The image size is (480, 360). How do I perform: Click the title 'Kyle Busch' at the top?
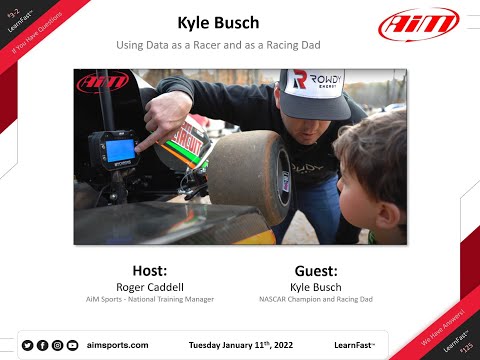click(x=218, y=22)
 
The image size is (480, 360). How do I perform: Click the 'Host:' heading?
click(x=156, y=270)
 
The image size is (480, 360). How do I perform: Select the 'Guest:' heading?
click(x=316, y=270)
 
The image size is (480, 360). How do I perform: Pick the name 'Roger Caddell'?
click(x=156, y=285)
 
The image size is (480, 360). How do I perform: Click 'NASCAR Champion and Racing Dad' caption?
click(x=316, y=297)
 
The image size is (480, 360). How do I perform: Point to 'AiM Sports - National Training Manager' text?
click(x=156, y=297)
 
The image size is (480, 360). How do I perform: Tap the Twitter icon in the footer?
click(x=27, y=345)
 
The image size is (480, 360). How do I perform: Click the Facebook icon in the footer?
click(x=42, y=345)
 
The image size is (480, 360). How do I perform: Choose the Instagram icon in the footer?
click(x=57, y=345)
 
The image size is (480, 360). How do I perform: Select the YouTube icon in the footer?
click(x=72, y=345)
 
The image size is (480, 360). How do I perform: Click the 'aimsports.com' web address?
click(x=118, y=345)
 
